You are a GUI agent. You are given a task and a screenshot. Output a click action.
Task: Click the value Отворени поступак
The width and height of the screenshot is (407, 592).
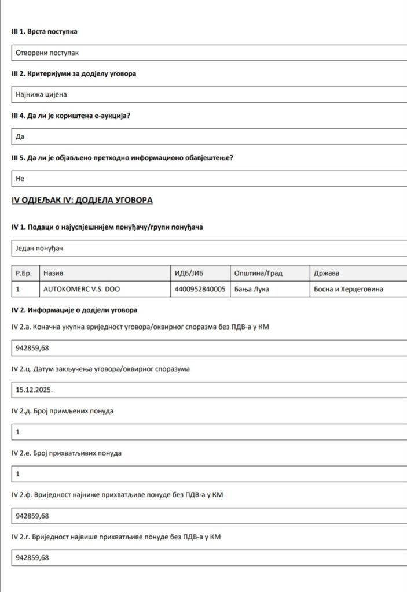click(x=47, y=53)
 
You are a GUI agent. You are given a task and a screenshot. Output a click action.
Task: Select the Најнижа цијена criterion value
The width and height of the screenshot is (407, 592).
click(x=42, y=95)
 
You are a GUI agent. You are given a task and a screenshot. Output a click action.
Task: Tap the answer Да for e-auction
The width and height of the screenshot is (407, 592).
click(x=20, y=137)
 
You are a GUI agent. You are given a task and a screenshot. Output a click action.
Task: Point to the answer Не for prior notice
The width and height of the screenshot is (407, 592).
click(x=20, y=179)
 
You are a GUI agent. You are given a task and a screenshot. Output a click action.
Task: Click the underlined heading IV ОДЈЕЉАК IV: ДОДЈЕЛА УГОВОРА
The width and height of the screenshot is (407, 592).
click(x=82, y=201)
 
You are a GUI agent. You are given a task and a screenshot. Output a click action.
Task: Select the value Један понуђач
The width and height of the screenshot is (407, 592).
click(x=39, y=248)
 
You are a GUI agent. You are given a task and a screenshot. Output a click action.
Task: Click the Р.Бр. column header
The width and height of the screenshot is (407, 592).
click(x=24, y=273)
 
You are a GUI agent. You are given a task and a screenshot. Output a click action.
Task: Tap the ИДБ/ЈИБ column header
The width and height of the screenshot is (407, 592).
click(x=189, y=273)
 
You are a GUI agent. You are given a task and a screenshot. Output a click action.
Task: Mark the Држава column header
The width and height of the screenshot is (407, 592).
click(x=327, y=273)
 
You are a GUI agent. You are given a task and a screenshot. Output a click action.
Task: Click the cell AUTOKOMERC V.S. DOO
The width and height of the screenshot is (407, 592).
click(x=82, y=289)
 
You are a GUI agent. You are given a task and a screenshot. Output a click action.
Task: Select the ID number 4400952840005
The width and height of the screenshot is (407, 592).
click(x=200, y=289)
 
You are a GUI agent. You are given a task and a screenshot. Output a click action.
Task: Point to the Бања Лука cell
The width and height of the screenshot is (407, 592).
click(x=253, y=289)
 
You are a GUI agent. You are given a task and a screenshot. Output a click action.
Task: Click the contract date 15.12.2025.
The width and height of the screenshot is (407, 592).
click(x=34, y=390)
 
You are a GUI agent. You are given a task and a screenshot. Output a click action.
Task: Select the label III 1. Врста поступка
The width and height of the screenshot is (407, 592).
click(x=45, y=32)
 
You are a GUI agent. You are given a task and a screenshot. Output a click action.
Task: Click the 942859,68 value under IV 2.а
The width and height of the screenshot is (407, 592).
click(x=32, y=348)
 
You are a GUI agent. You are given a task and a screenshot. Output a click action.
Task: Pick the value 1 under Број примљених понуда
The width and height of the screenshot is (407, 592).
click(x=18, y=432)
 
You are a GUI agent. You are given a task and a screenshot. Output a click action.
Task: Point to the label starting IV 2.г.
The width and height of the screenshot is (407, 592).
click(x=116, y=537)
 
